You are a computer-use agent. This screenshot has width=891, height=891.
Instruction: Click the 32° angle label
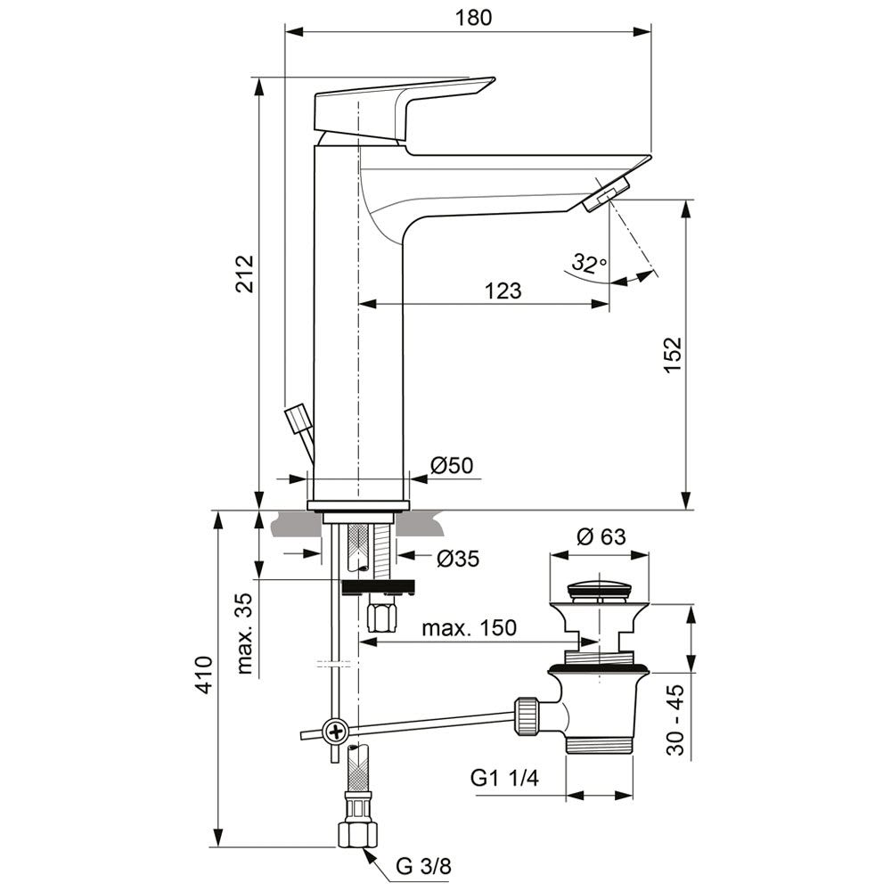click(x=589, y=263)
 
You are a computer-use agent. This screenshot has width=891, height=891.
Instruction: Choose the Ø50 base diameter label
click(x=453, y=465)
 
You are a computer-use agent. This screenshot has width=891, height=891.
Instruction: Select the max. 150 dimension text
click(x=469, y=627)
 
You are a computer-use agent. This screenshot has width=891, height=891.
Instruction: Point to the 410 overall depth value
click(x=204, y=677)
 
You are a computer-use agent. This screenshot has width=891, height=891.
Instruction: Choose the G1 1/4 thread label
click(x=504, y=779)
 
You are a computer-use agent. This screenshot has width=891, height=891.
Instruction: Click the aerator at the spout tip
click(x=606, y=194)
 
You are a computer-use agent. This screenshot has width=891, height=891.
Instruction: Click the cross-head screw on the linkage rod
click(x=336, y=732)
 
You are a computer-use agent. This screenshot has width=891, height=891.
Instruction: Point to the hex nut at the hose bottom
click(x=356, y=834)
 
